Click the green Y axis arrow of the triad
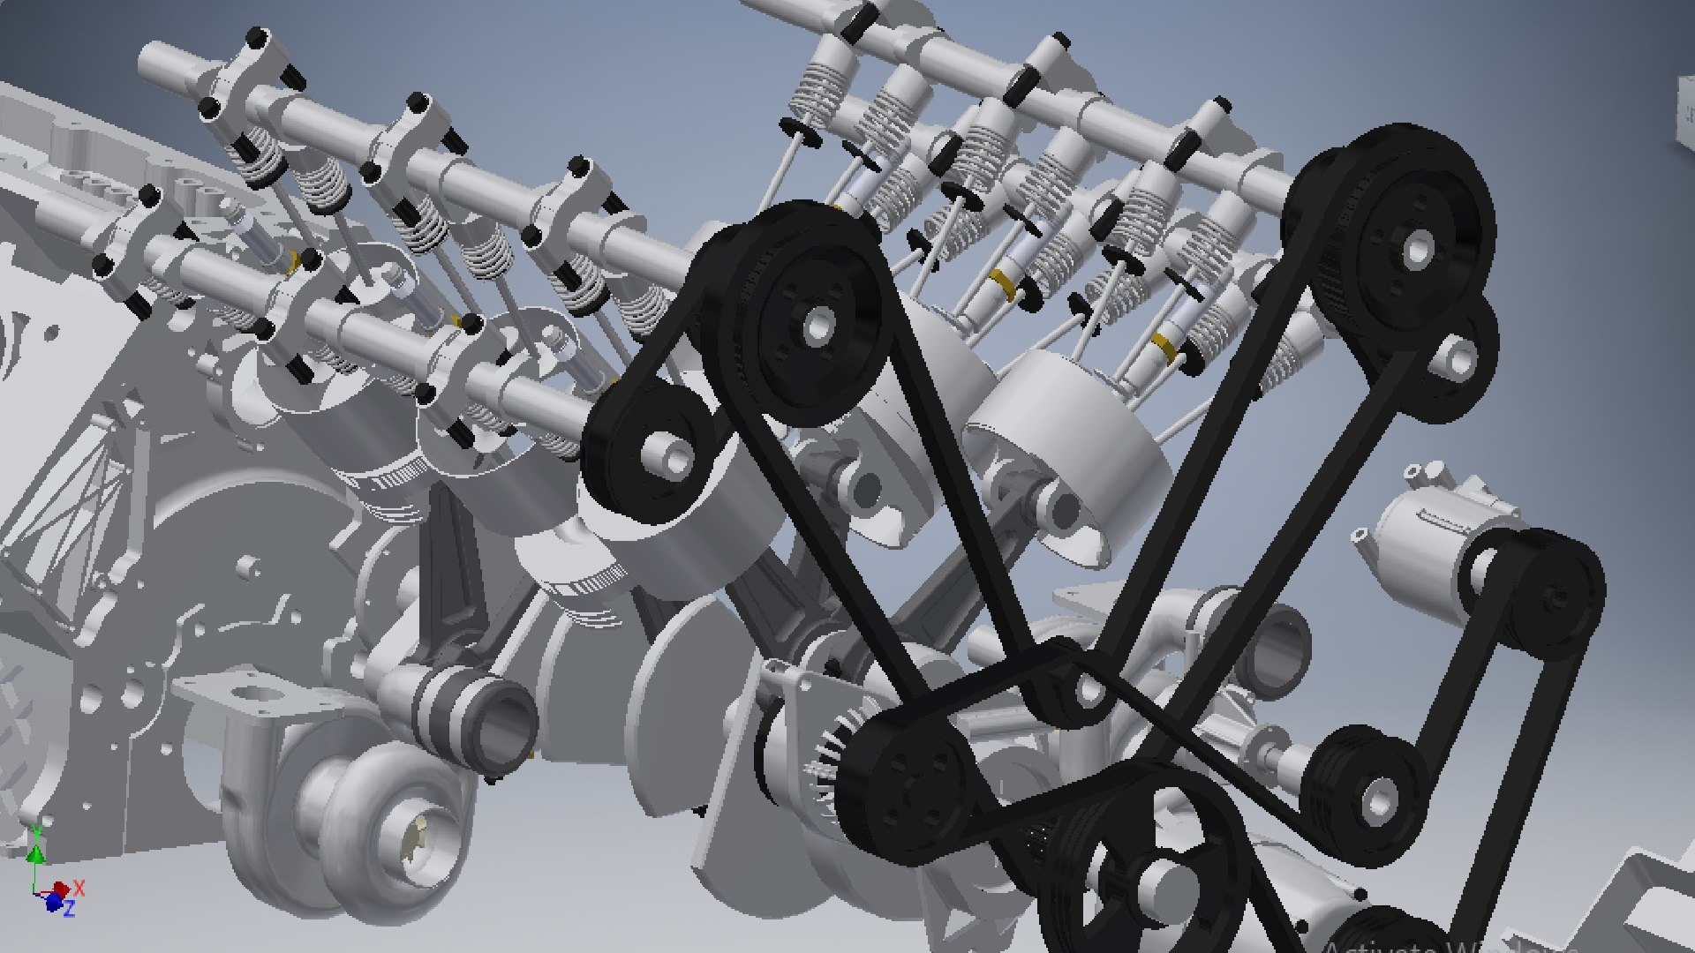(35, 852)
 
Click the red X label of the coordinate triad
(79, 887)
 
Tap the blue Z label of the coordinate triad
(69, 907)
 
